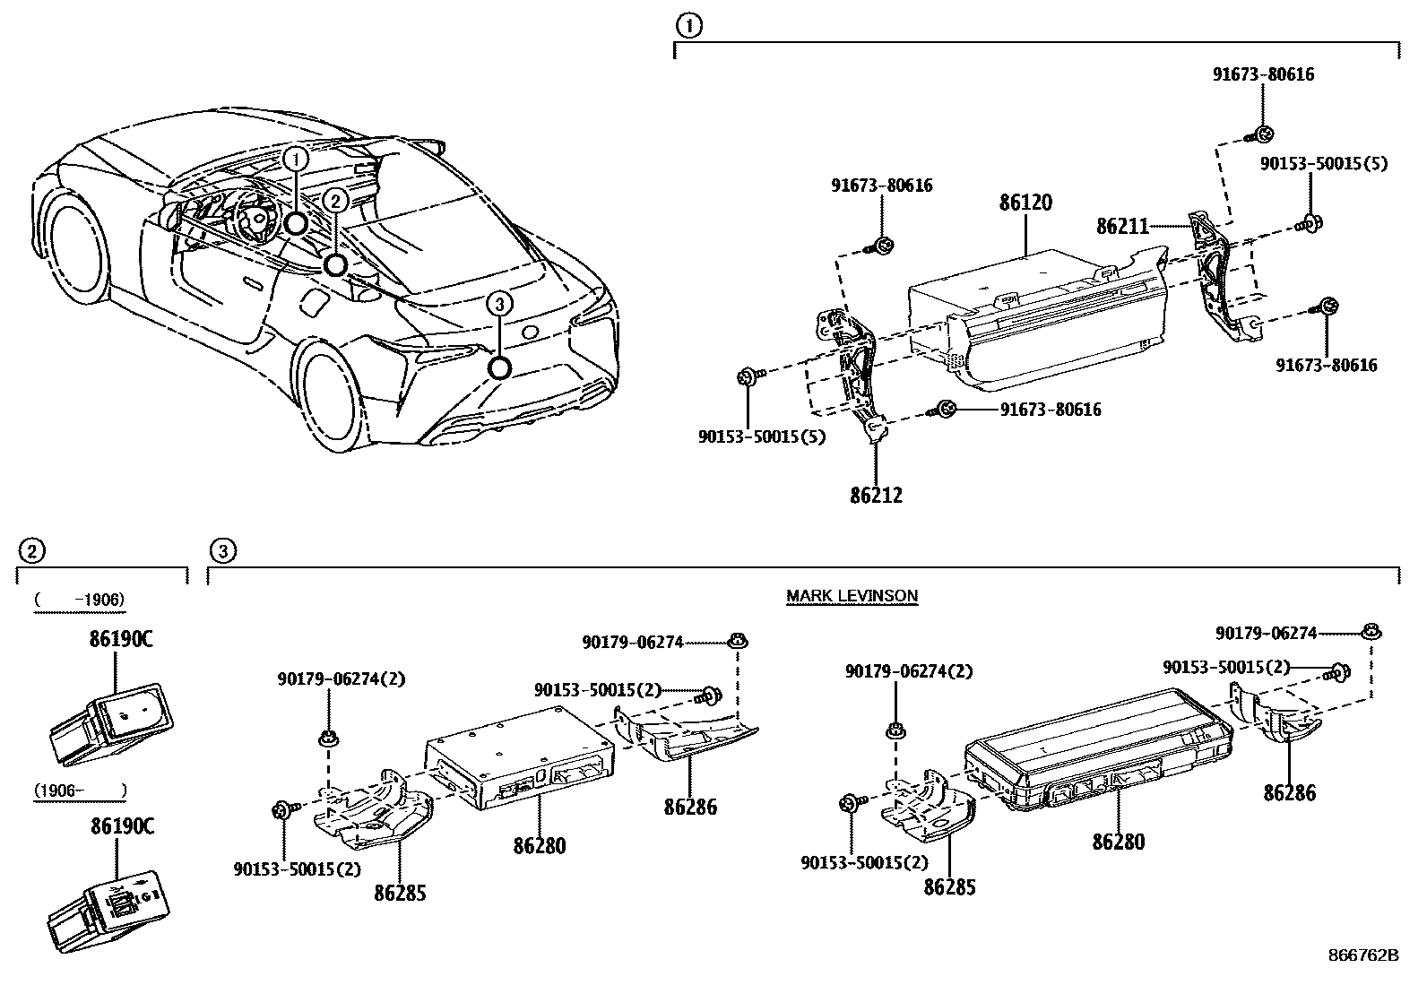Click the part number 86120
(1025, 203)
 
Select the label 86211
(1121, 227)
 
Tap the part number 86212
(876, 495)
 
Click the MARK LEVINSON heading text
(852, 595)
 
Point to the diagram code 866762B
(1362, 955)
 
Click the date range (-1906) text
(79, 600)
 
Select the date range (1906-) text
(79, 791)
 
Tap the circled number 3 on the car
(499, 305)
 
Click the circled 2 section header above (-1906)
(30, 550)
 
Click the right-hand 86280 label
(1118, 842)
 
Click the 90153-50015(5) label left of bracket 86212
(762, 437)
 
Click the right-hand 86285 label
(949, 887)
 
